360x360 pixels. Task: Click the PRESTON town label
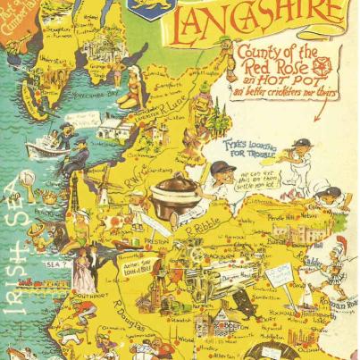point(132,239)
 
